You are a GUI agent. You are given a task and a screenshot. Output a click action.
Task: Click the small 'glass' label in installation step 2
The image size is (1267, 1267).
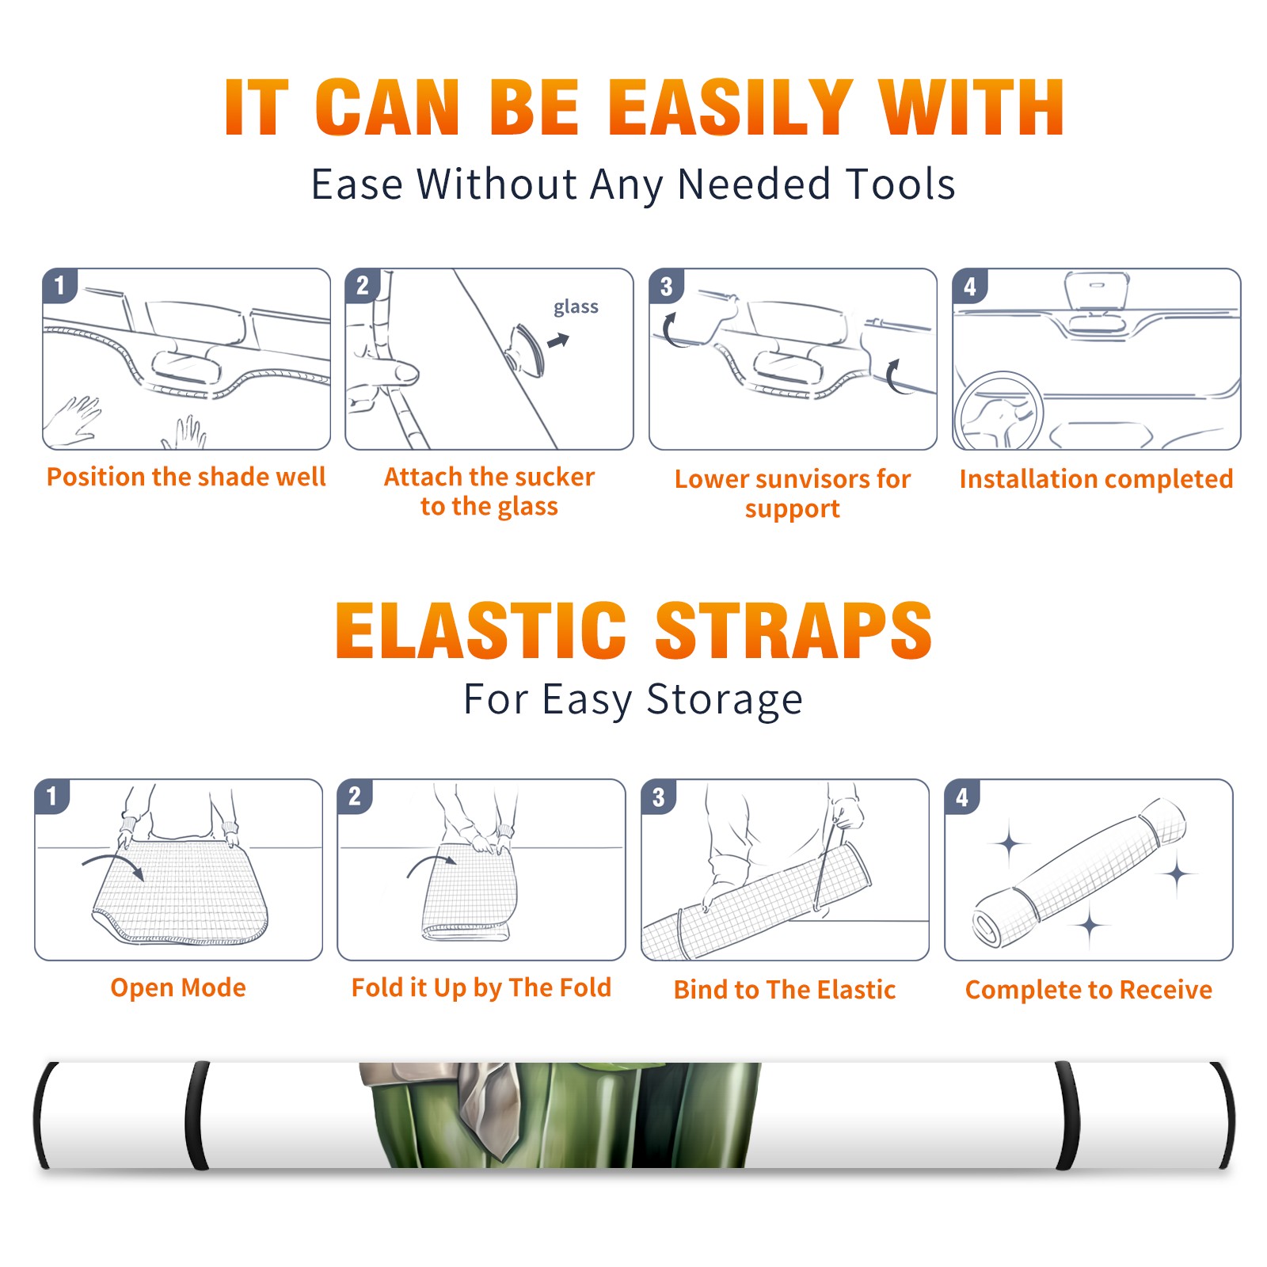point(576,307)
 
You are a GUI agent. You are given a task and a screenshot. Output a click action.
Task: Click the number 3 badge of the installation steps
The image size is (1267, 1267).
point(666,286)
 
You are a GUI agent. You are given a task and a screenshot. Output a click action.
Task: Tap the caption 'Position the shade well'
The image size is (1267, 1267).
point(186,477)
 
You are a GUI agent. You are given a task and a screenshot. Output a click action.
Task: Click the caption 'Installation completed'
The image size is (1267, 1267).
point(1096,479)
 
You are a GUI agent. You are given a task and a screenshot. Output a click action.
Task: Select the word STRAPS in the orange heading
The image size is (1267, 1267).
point(793,630)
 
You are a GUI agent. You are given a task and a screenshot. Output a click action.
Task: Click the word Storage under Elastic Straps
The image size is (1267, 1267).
point(725,700)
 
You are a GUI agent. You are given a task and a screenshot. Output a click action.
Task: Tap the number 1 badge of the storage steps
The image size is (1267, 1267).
point(52,796)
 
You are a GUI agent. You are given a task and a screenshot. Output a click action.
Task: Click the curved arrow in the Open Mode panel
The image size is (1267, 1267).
point(113,865)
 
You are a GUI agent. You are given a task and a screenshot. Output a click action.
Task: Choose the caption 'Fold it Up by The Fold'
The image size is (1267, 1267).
point(481,988)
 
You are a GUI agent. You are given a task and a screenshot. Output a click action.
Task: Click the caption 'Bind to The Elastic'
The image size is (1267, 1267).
point(785,990)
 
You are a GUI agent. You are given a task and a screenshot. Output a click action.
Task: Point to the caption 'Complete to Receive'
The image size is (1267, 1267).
point(1089,990)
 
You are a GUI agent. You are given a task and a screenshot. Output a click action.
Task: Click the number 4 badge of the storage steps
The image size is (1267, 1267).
point(962,797)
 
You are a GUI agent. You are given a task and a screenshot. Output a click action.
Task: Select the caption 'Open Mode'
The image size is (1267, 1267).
point(178,988)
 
